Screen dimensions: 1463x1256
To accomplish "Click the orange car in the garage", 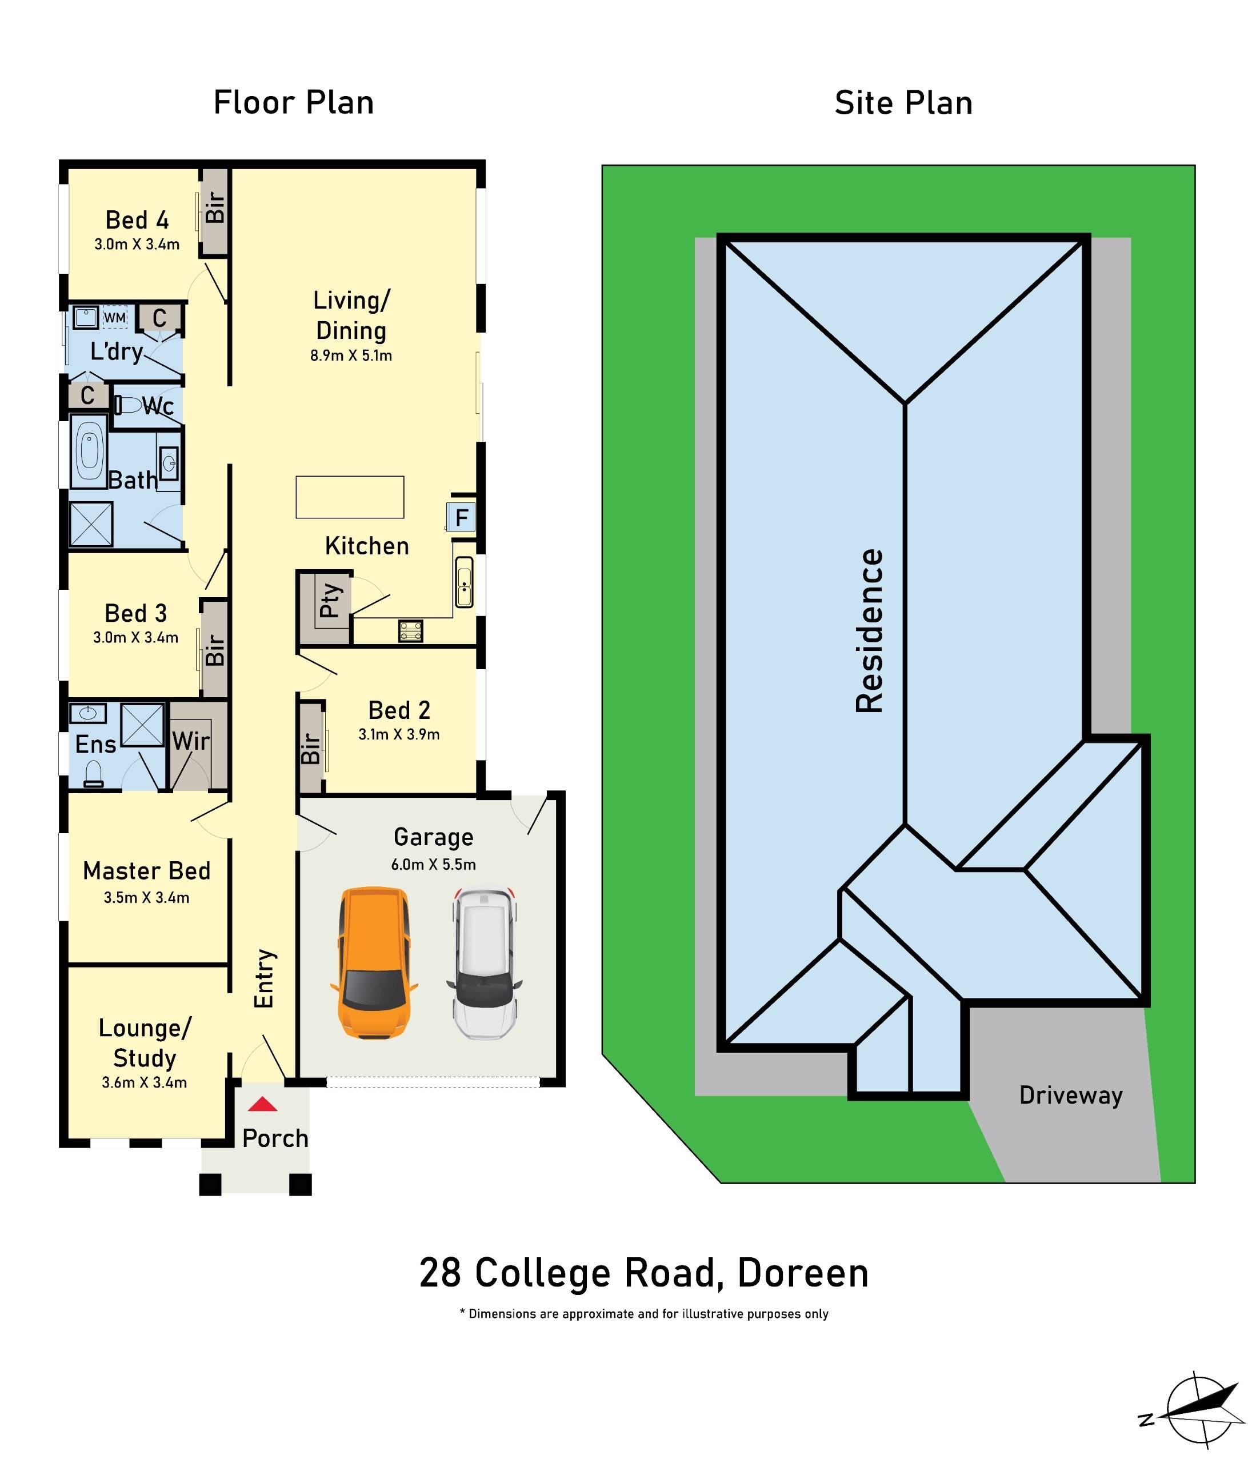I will [x=374, y=963].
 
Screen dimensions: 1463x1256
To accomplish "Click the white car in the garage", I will [x=485, y=963].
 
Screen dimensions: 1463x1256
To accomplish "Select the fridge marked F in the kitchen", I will [x=461, y=518].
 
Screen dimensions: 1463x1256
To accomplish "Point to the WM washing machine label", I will [x=114, y=318].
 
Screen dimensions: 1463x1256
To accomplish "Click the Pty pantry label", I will [x=330, y=601].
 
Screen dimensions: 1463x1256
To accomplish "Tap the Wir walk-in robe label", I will [x=191, y=741].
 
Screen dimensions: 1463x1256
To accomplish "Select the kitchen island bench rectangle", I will [x=350, y=497].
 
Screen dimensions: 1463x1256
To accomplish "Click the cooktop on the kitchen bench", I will [x=410, y=630].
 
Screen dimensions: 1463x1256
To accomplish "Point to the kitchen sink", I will [x=464, y=582].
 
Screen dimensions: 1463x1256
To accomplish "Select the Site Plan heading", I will [x=903, y=103].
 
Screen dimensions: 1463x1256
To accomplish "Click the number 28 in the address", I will [x=440, y=1273].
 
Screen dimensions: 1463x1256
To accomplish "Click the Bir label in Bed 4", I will [x=215, y=207].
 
